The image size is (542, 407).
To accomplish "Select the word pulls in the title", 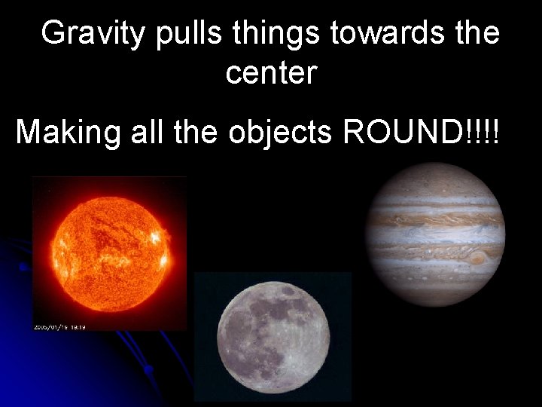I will (180, 35).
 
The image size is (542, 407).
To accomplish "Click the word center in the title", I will (271, 74).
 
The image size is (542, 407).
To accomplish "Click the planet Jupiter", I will (434, 234).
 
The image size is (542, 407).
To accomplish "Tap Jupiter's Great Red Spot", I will (477, 259).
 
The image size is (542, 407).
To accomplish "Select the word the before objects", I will (197, 133).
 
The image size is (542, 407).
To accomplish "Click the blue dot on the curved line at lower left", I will (148, 369).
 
